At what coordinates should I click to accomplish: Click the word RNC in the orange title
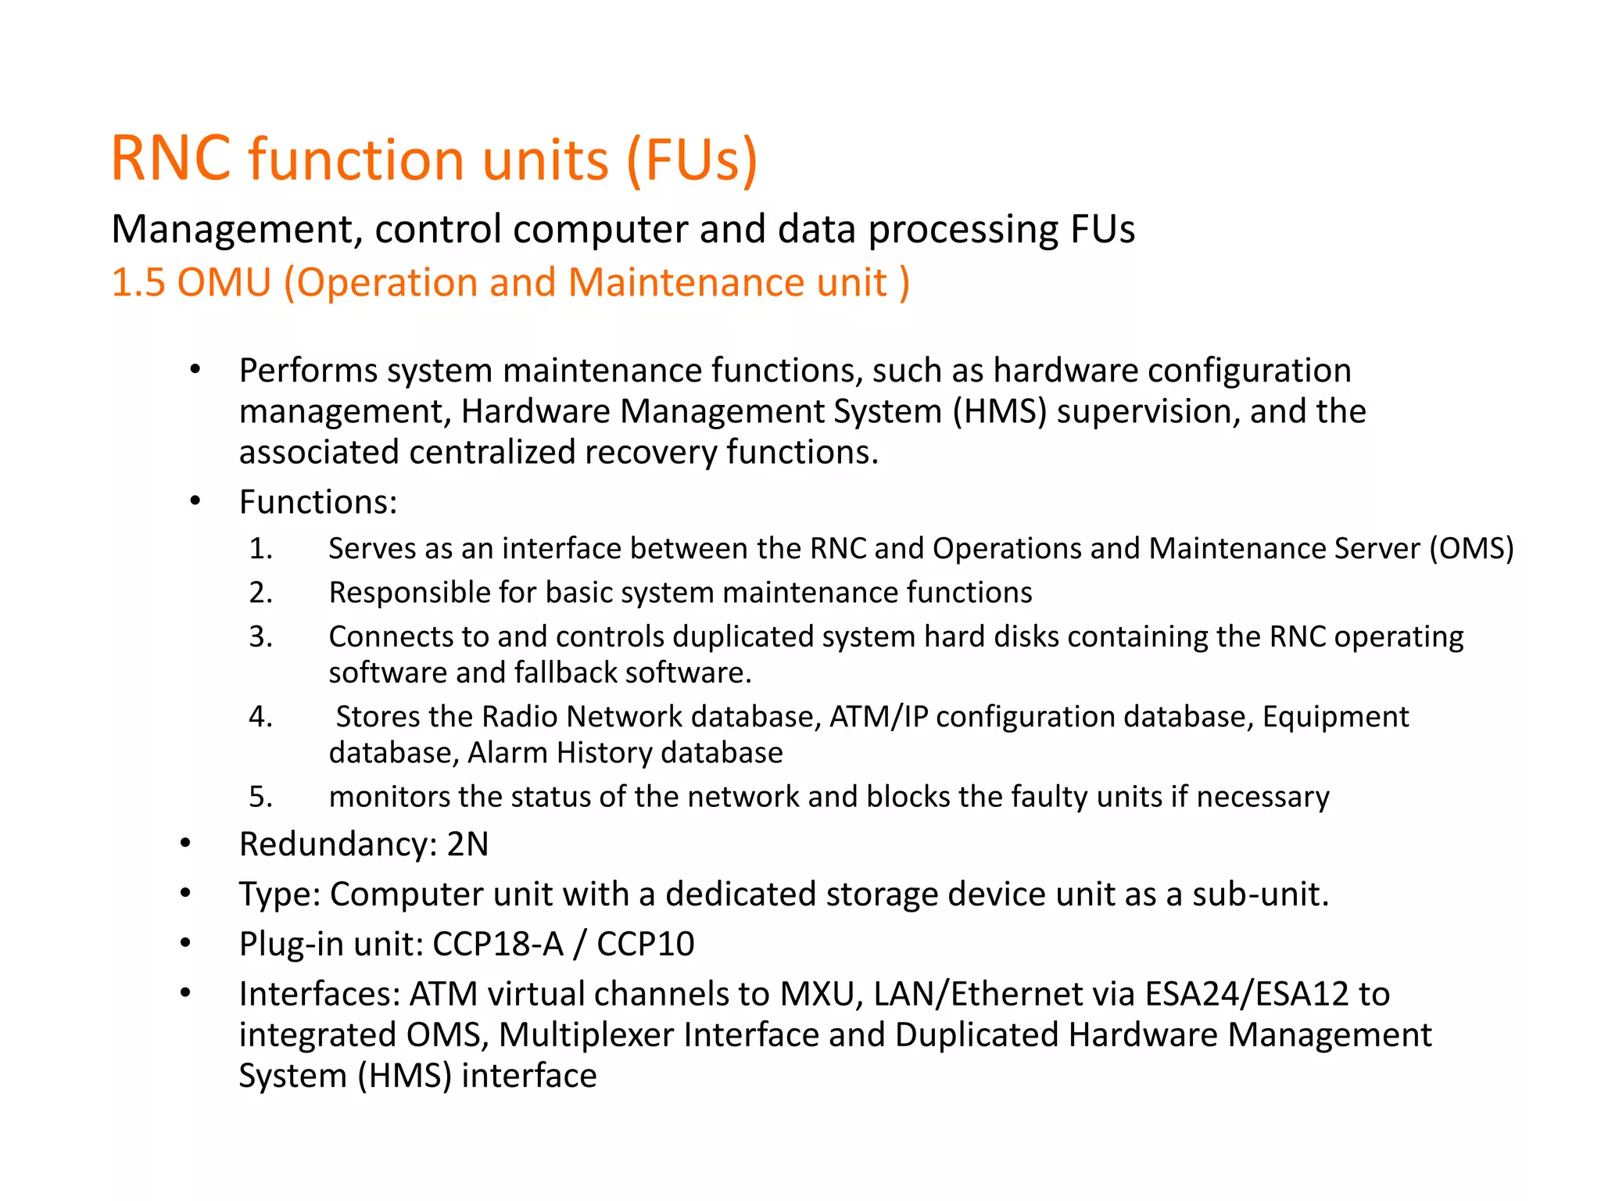click(x=171, y=159)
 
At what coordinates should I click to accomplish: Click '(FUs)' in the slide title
click(x=692, y=160)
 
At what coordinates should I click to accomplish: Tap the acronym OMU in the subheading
click(x=224, y=282)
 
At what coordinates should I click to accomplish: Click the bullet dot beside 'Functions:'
click(x=195, y=500)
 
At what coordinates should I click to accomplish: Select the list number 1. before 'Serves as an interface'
click(x=261, y=549)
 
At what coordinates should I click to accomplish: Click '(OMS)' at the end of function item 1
click(x=1471, y=549)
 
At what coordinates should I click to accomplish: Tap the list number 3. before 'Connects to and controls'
click(x=261, y=637)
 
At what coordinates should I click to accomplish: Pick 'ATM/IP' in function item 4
click(x=878, y=717)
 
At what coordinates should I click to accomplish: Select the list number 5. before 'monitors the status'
click(x=261, y=797)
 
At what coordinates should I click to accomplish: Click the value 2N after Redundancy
click(x=467, y=844)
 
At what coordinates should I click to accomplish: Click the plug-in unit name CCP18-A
click(x=498, y=944)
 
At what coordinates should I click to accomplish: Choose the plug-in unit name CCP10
click(x=645, y=944)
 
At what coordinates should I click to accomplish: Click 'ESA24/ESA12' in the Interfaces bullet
click(x=1247, y=994)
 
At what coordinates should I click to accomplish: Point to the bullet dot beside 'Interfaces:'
click(x=185, y=993)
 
